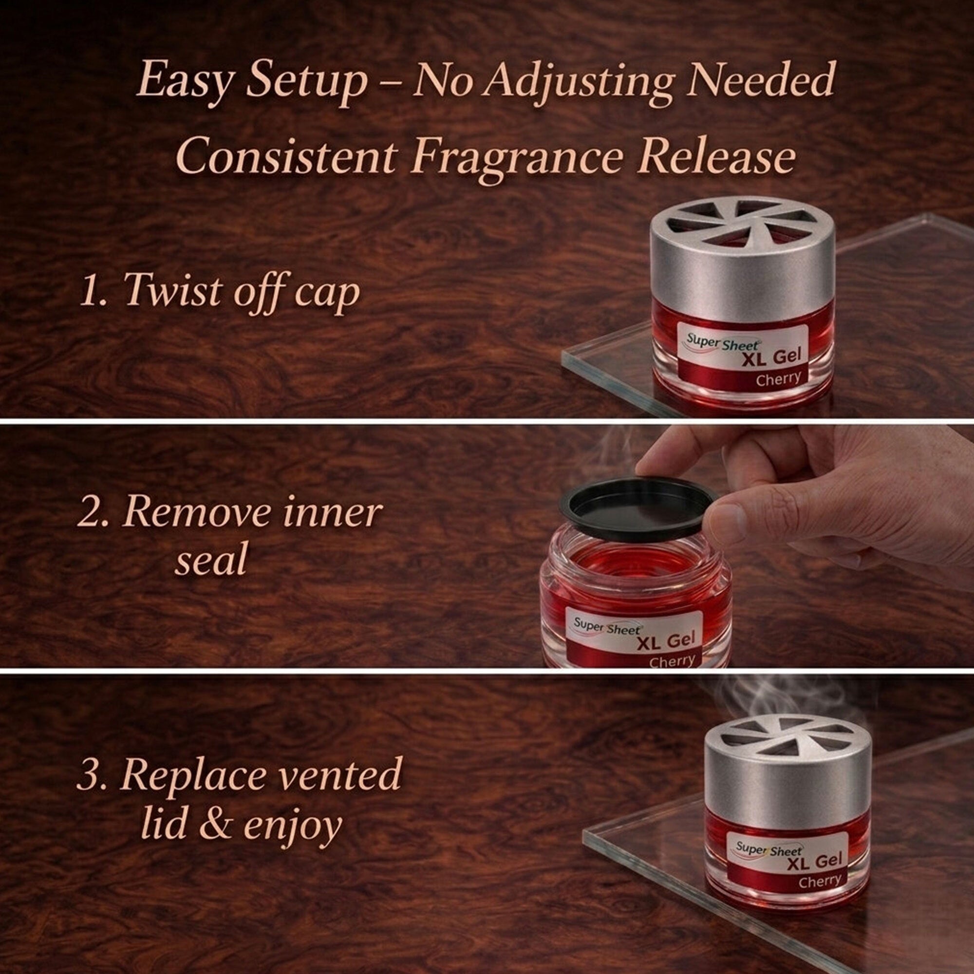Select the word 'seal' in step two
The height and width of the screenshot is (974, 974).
(x=211, y=560)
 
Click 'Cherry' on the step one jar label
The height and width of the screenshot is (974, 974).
(x=778, y=378)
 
